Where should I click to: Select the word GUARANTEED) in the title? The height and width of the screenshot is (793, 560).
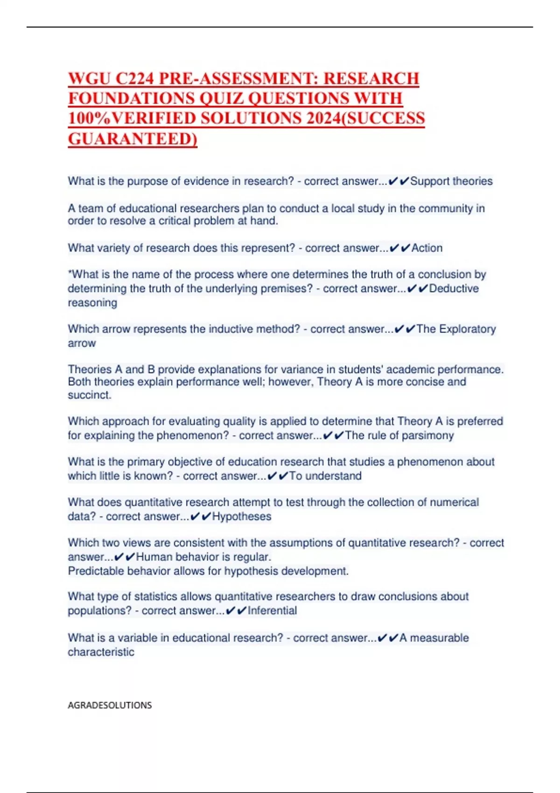(x=133, y=139)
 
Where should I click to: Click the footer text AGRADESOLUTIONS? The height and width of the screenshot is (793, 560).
(x=110, y=705)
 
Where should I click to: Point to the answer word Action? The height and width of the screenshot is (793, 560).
(x=427, y=248)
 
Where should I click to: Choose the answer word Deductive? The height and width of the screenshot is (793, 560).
(x=454, y=289)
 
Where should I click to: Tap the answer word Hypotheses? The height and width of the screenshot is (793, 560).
(x=242, y=517)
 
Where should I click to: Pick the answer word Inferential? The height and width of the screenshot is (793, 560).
(x=272, y=611)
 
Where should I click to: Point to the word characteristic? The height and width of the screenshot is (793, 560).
(x=101, y=652)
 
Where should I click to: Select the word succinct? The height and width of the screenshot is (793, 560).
(x=89, y=395)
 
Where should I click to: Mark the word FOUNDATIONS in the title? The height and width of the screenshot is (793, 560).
(x=132, y=98)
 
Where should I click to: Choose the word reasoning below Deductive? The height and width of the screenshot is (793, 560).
(x=92, y=303)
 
